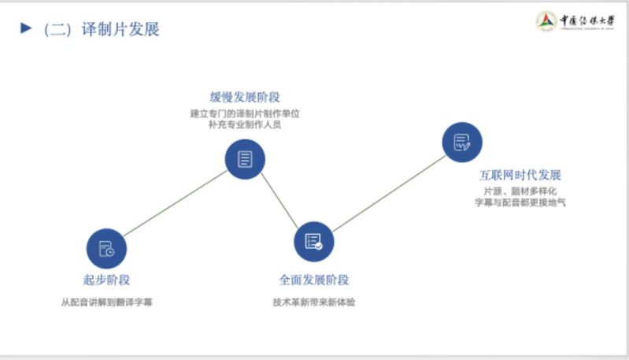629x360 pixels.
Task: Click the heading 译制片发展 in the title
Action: pos(120,30)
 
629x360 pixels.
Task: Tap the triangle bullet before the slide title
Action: pos(26,29)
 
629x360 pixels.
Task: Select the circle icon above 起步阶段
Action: pos(106,249)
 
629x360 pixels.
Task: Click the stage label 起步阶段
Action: pos(106,280)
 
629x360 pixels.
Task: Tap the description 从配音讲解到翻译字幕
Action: pos(106,302)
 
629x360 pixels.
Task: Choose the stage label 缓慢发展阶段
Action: pos(245,97)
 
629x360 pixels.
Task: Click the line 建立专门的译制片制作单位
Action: pos(245,113)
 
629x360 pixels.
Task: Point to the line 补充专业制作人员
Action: pos(245,124)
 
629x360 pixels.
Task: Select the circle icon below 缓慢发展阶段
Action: pos(245,158)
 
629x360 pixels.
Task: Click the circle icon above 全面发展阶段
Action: pos(314,241)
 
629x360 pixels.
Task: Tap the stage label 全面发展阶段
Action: pos(314,280)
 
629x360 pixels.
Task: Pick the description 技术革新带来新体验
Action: pos(314,302)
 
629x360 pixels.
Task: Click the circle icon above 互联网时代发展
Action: pos(462,143)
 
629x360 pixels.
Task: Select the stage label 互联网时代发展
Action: pos(520,175)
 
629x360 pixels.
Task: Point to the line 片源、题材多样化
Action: pos(520,191)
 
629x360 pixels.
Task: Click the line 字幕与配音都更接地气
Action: pos(520,202)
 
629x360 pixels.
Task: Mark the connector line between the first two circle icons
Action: pos(176,203)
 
